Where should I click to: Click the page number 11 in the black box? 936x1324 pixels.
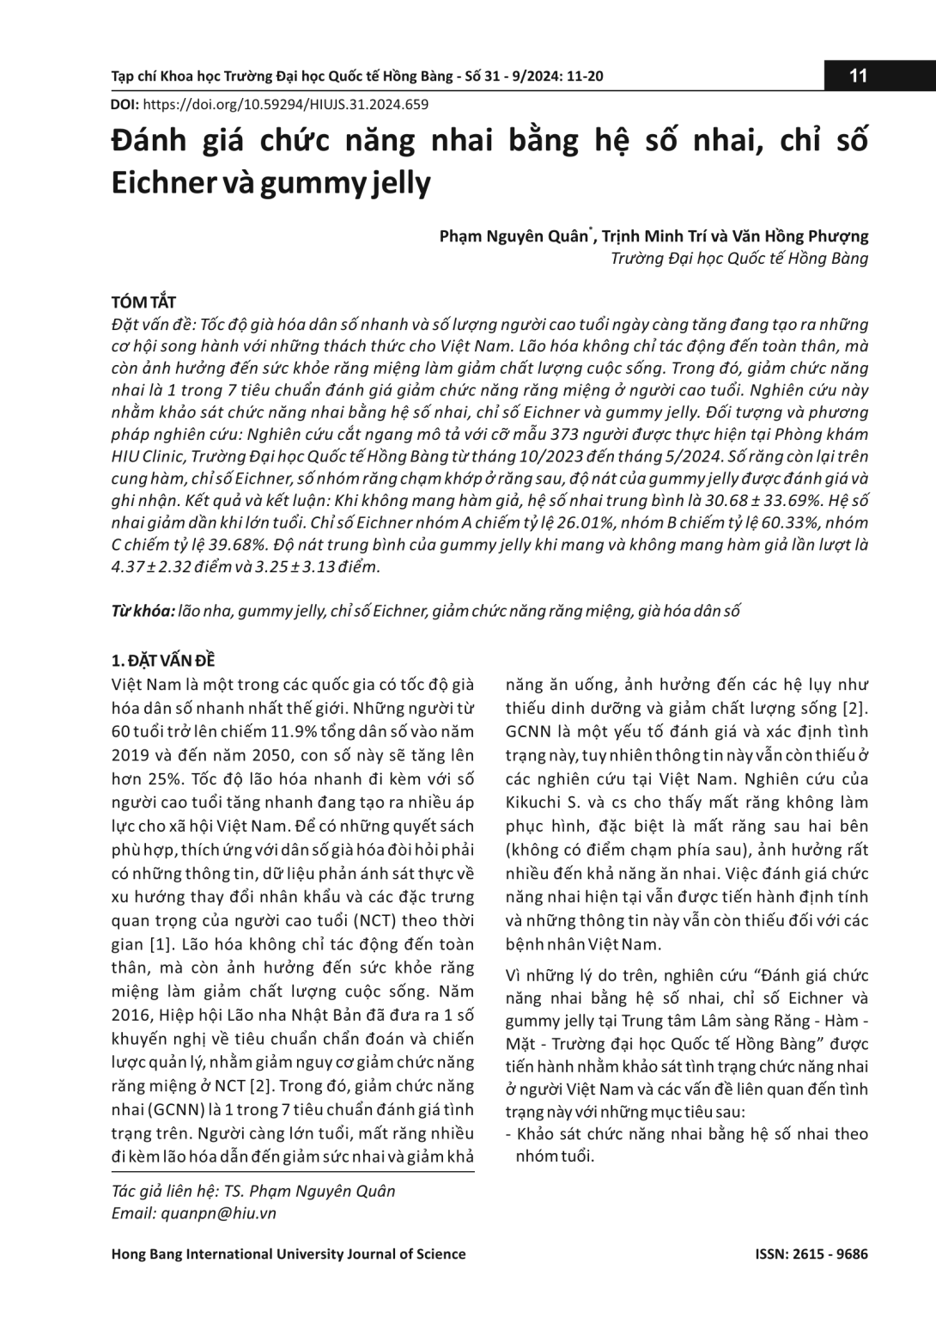point(858,76)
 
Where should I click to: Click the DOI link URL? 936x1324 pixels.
point(285,105)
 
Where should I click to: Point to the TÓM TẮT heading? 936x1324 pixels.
point(143,302)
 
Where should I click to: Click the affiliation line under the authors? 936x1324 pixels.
point(739,259)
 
